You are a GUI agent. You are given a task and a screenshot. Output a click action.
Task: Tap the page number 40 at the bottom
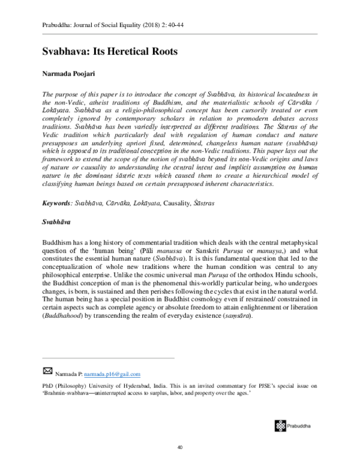(x=179, y=448)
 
